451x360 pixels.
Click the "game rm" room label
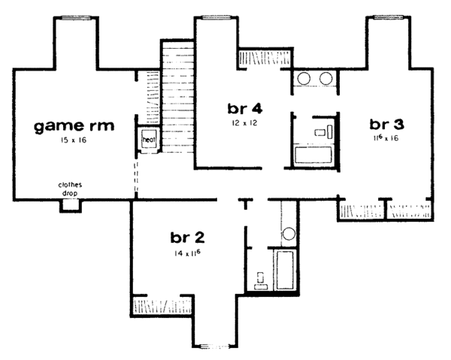point(74,126)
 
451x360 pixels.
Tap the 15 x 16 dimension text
point(74,141)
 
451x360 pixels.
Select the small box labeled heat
point(148,140)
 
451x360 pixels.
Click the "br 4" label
point(244,106)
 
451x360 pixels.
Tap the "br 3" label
point(385,124)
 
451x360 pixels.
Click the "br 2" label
point(189,238)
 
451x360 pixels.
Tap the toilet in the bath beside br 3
point(320,132)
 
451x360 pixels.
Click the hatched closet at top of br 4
point(259,58)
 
